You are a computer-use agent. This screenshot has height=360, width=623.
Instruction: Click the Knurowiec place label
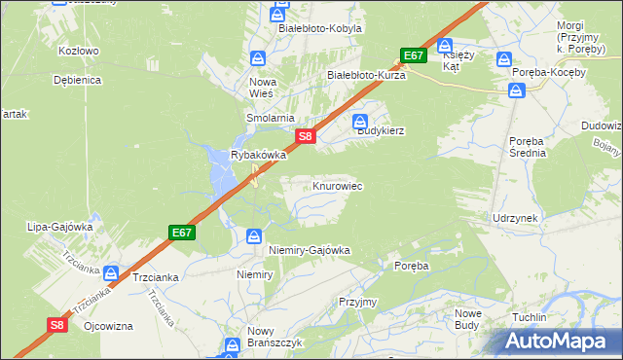pyautogui.click(x=338, y=185)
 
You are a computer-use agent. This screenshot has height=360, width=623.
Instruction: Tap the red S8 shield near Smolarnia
pyautogui.click(x=305, y=137)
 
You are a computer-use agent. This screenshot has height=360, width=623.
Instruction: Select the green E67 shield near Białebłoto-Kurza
pyautogui.click(x=414, y=55)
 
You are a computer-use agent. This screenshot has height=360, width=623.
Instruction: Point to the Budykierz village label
pyautogui.click(x=380, y=129)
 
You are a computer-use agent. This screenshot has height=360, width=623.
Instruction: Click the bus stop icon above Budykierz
pyautogui.click(x=358, y=122)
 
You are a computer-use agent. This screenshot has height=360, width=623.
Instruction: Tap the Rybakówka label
pyautogui.click(x=258, y=155)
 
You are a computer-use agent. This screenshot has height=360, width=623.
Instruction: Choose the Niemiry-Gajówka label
pyautogui.click(x=309, y=250)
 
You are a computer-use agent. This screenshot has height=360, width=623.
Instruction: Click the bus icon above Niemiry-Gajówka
pyautogui.click(x=254, y=235)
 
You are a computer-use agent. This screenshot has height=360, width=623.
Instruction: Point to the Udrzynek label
pyautogui.click(x=515, y=218)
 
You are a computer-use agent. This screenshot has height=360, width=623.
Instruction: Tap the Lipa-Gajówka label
pyautogui.click(x=60, y=227)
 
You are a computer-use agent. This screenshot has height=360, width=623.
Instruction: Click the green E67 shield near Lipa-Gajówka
pyautogui.click(x=181, y=233)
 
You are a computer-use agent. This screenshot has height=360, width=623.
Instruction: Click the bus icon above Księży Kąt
pyautogui.click(x=444, y=44)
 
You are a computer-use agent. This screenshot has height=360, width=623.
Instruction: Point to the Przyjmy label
pyautogui.click(x=357, y=302)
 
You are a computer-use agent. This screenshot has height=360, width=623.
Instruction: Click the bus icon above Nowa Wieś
pyautogui.click(x=259, y=58)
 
